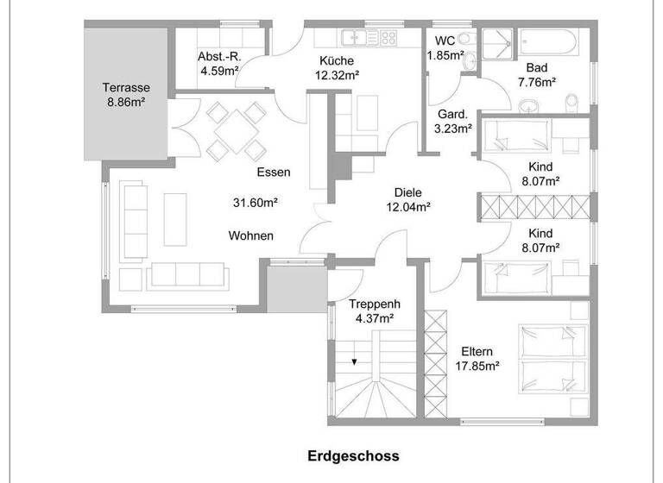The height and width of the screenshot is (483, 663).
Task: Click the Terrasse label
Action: pos(127,87)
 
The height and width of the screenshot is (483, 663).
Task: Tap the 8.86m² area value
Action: pos(126,102)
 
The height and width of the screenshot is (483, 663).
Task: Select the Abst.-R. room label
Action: pos(219,57)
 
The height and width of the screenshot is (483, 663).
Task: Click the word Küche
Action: pos(337,60)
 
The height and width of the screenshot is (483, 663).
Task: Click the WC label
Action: pos(445,41)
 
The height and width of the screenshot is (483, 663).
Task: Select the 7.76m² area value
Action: pos(536,83)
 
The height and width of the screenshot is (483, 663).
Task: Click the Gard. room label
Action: pos(452,114)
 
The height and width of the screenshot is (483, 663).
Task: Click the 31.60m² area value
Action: pos(255,203)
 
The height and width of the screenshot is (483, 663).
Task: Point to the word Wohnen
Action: pos(251,235)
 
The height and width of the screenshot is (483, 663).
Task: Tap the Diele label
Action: pos(408,191)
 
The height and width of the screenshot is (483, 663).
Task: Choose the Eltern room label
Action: pos(477,351)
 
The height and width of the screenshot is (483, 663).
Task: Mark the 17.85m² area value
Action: pos(477,366)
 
